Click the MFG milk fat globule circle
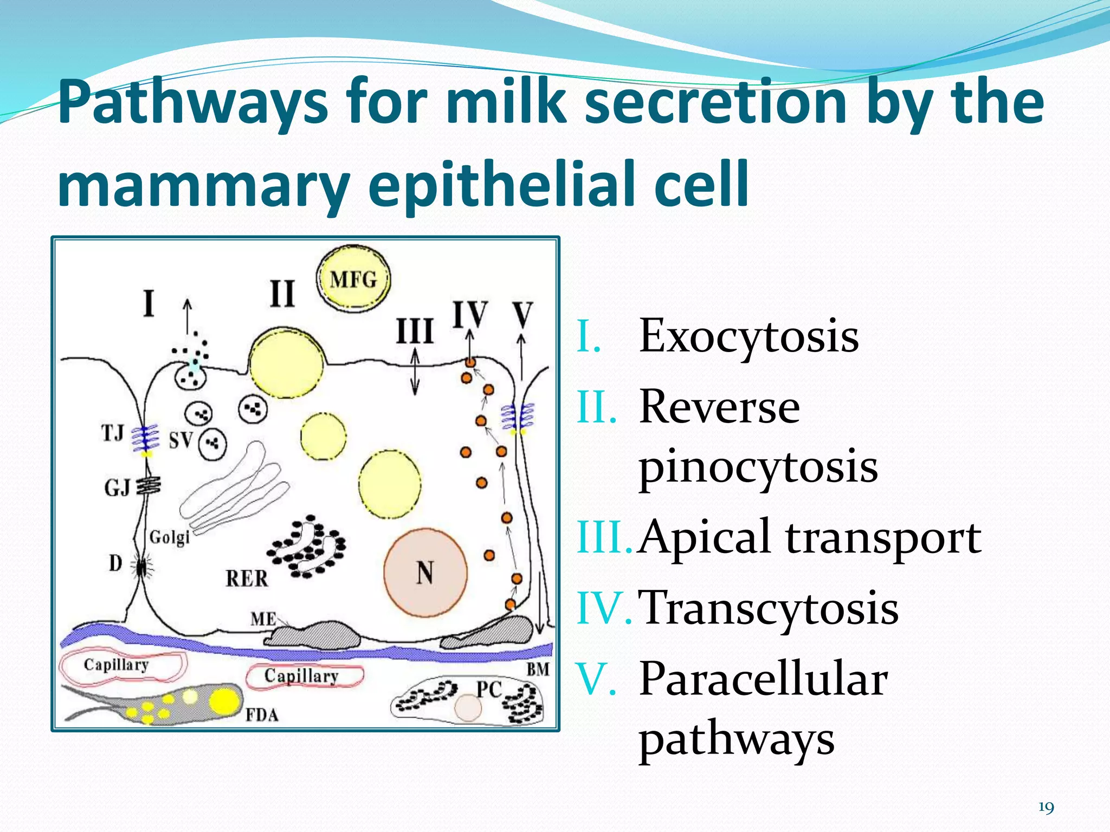[x=353, y=279]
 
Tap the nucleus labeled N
[x=425, y=573]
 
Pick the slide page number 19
[x=1046, y=808]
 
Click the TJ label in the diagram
[x=113, y=433]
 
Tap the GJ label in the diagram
[x=117, y=487]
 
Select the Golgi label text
[x=170, y=537]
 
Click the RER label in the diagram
[x=247, y=578]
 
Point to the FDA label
[x=262, y=715]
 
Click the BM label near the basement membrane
[x=538, y=669]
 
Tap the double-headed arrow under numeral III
[x=415, y=371]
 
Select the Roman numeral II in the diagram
[x=282, y=294]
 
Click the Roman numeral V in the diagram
[x=522, y=314]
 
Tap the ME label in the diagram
[x=263, y=619]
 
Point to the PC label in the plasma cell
[x=489, y=689]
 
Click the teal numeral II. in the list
[x=597, y=407]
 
